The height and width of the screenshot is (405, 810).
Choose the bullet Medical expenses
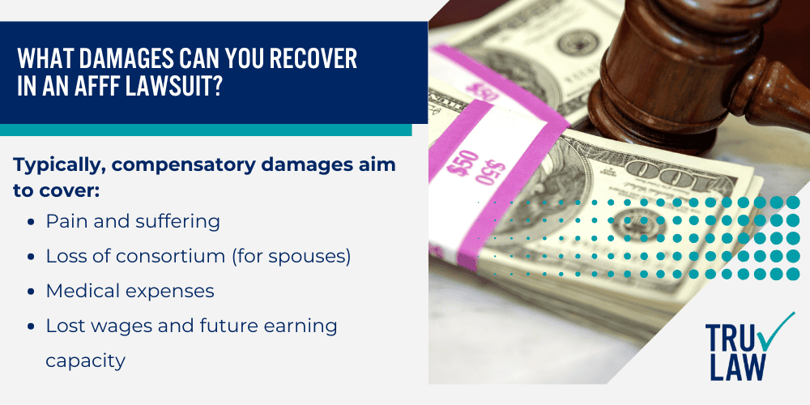130,290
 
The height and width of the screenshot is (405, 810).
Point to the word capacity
85,360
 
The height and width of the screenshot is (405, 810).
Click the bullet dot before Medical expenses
30,291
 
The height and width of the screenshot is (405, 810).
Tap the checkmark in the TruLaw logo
778,330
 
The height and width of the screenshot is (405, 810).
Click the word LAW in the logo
738,366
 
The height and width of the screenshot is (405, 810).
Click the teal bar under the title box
206,130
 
